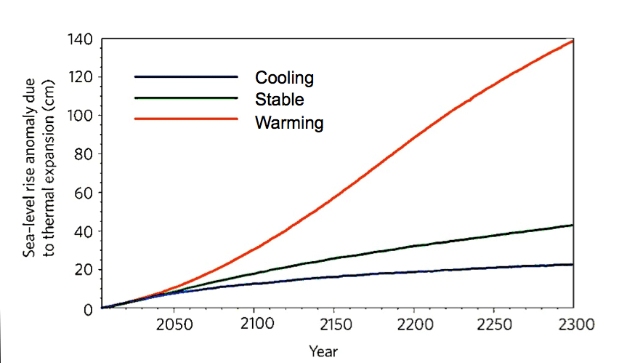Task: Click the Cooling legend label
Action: pos(283,78)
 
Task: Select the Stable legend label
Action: pos(279,99)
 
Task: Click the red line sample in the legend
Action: pos(186,119)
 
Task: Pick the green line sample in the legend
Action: pos(186,97)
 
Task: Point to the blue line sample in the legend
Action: pos(186,76)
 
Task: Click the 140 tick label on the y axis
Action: pos(81,39)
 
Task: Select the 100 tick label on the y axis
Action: pos(81,116)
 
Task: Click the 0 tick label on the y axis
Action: pos(88,308)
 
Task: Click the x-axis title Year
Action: pos(323,351)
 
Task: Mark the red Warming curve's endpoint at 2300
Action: pos(573,41)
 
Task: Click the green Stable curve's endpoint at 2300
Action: pos(573,226)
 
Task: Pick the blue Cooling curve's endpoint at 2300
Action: pos(573,265)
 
